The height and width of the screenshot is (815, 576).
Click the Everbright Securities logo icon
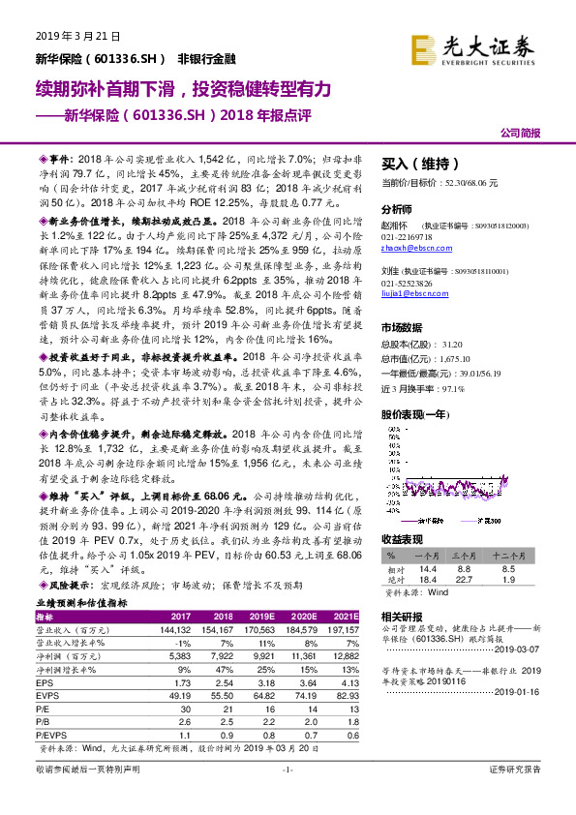[x=423, y=46]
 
